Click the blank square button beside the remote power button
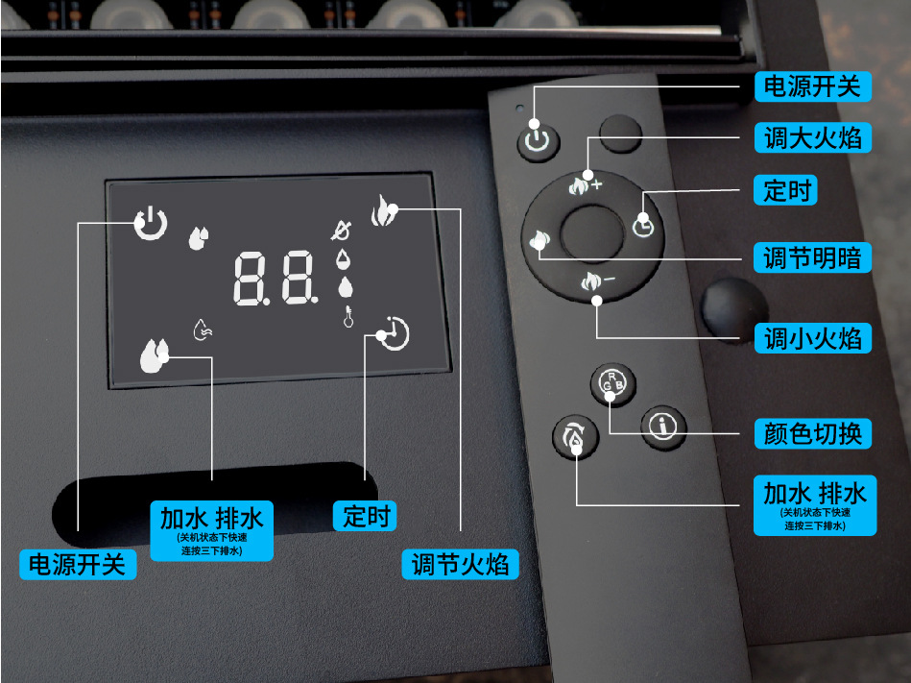[x=620, y=133]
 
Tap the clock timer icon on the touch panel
[x=394, y=332]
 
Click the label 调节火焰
[x=460, y=564]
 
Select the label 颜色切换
[x=814, y=433]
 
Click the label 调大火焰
[x=814, y=138]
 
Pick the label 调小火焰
[x=814, y=338]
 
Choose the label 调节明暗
[x=814, y=257]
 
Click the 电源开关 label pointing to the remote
[x=812, y=87]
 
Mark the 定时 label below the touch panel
[x=365, y=516]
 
